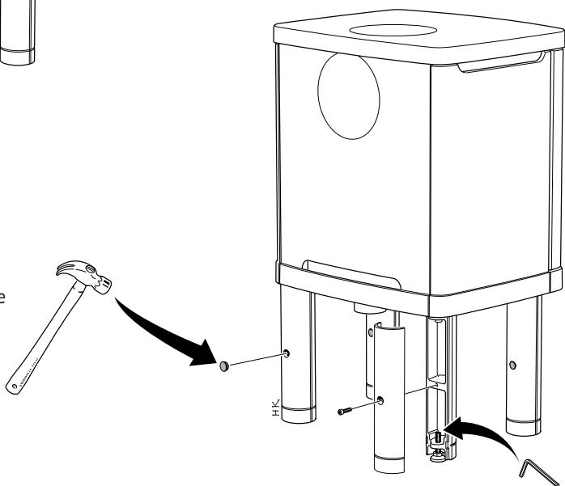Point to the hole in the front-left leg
287,353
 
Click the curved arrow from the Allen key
486,429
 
